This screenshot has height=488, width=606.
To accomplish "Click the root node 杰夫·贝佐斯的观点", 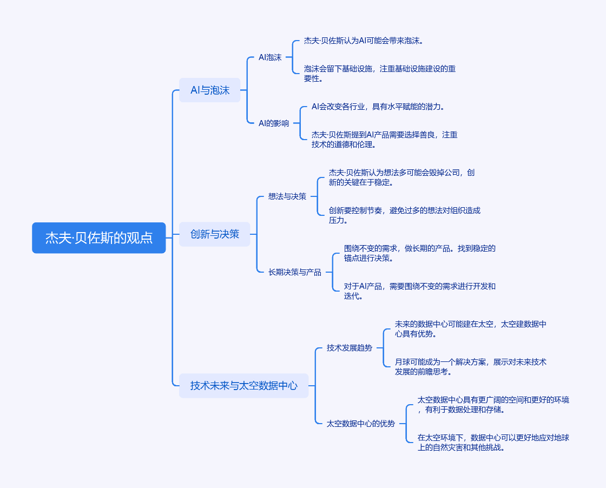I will tap(99, 238).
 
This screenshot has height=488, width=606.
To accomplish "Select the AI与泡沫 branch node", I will tap(210, 90).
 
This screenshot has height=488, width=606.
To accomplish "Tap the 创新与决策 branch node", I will tap(215, 234).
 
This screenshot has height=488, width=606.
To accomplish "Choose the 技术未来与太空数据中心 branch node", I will tap(244, 386).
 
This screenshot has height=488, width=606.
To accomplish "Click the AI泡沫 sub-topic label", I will tap(270, 57).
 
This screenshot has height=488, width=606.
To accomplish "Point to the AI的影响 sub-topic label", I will tap(274, 123).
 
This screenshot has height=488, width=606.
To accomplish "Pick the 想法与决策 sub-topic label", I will tap(287, 196).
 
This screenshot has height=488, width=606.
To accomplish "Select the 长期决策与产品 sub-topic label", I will tap(295, 272).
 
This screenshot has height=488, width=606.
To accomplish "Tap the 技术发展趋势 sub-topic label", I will tap(350, 348).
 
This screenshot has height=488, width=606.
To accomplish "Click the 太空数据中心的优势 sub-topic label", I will tap(361, 424).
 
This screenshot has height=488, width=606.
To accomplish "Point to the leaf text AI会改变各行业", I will tap(378, 107).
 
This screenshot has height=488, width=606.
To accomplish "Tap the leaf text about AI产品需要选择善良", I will tap(385, 140).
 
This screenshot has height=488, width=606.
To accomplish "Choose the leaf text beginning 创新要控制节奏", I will tap(405, 215).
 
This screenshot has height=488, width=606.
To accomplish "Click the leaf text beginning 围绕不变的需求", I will tap(420, 253).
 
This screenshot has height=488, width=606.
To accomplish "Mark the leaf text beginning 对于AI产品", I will tap(420, 291).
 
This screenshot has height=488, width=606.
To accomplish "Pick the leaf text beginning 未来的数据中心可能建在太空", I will tap(471, 329).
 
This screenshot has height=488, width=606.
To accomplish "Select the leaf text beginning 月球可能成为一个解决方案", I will tap(471, 367).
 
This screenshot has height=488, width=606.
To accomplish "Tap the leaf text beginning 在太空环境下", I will tap(493, 443).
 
